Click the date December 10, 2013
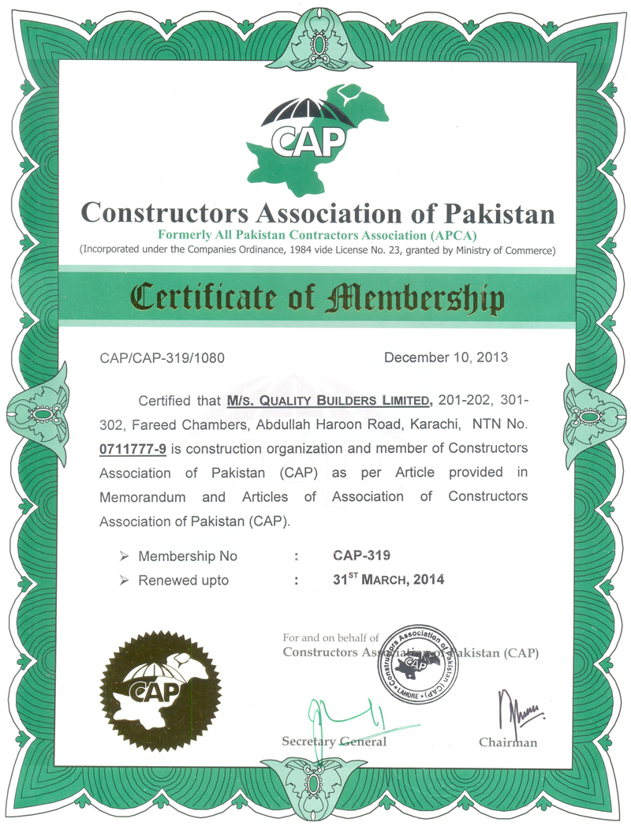tap(446, 357)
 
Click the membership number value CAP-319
tap(361, 556)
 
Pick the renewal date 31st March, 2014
tap(389, 580)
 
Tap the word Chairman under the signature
tap(508, 742)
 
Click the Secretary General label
tap(334, 742)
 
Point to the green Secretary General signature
tap(347, 718)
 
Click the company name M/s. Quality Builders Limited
tap(329, 401)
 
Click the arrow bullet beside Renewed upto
tap(124, 581)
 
